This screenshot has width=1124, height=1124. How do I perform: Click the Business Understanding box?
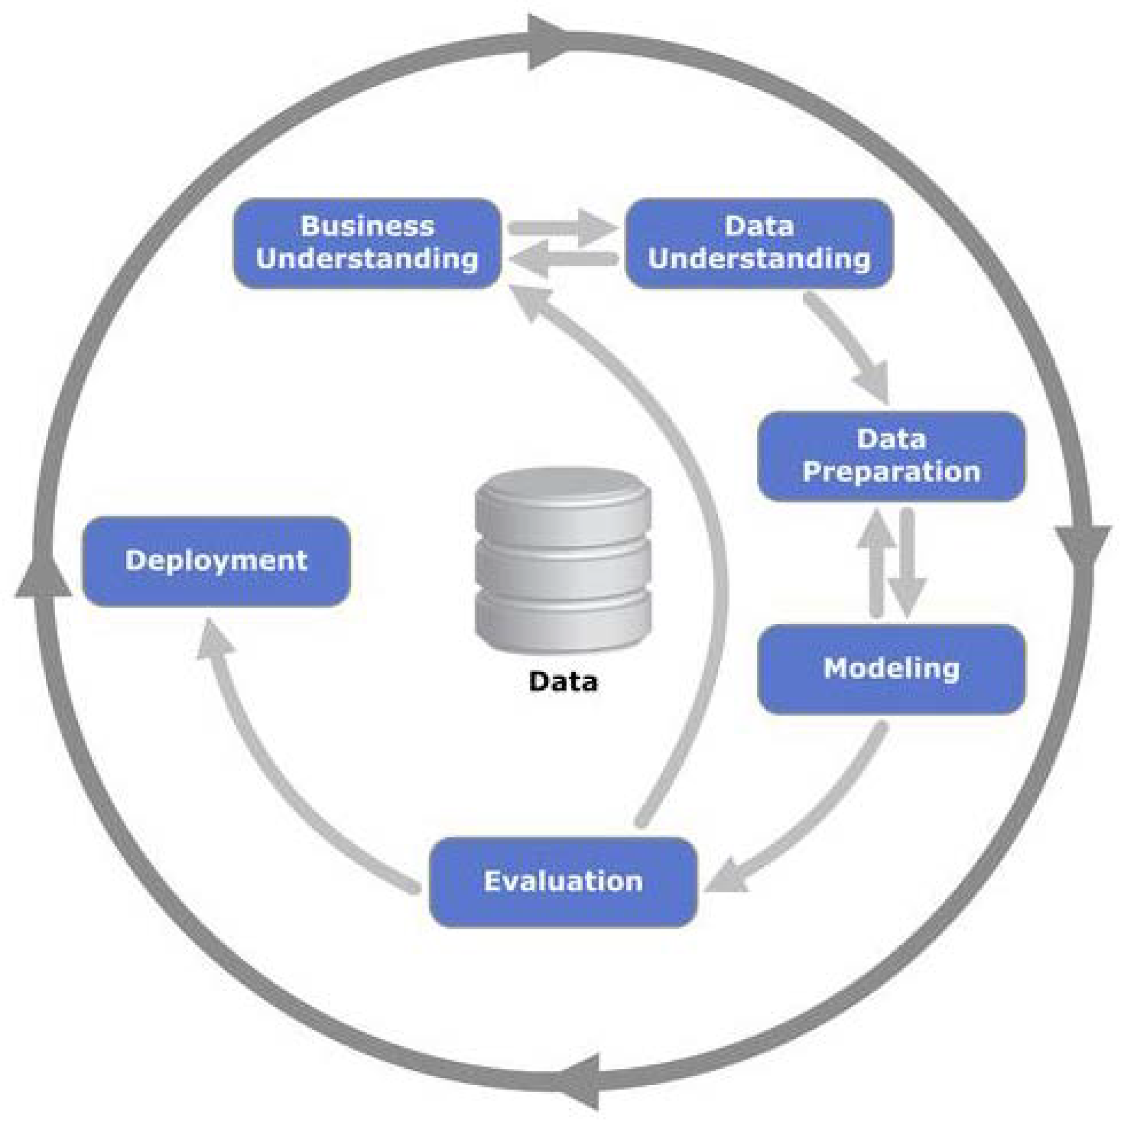367,243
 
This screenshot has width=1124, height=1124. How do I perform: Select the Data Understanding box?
759,243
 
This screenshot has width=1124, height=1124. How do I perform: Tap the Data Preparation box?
891,456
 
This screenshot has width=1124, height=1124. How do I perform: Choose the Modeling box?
891,669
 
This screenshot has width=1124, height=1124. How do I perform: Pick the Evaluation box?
563,881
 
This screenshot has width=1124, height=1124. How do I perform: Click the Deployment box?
217,561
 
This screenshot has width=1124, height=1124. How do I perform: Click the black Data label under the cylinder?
563,681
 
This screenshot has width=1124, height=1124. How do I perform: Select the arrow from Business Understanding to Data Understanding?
561,228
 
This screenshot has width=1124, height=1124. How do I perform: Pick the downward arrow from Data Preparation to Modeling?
907,561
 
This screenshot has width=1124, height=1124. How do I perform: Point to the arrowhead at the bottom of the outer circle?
582,1082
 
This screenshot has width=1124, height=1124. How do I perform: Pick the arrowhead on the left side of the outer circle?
43,576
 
